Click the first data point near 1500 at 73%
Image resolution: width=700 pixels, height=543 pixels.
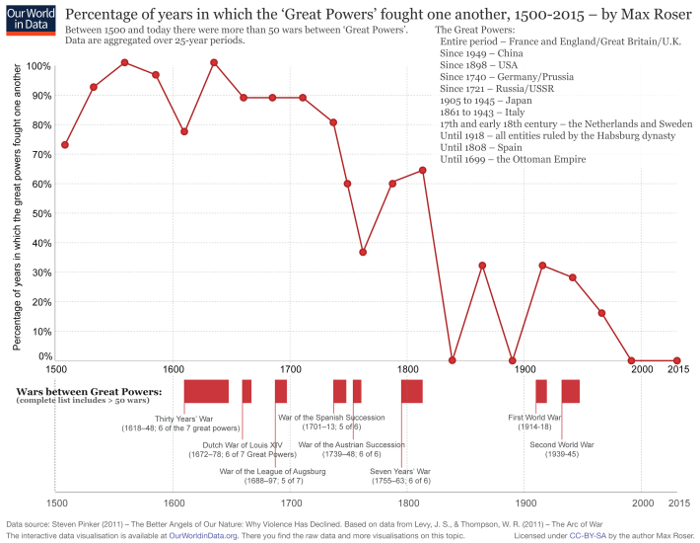[x=65, y=145]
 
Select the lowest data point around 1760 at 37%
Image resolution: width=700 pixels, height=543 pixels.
[x=363, y=252]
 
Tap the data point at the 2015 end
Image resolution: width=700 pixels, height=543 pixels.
[x=676, y=361]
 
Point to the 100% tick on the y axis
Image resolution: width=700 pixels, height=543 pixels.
[x=38, y=66]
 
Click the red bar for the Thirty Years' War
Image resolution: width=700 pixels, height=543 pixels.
[x=206, y=391]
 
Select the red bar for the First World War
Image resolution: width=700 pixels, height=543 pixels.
[x=541, y=391]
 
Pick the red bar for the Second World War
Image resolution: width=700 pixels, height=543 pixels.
[x=570, y=391]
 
